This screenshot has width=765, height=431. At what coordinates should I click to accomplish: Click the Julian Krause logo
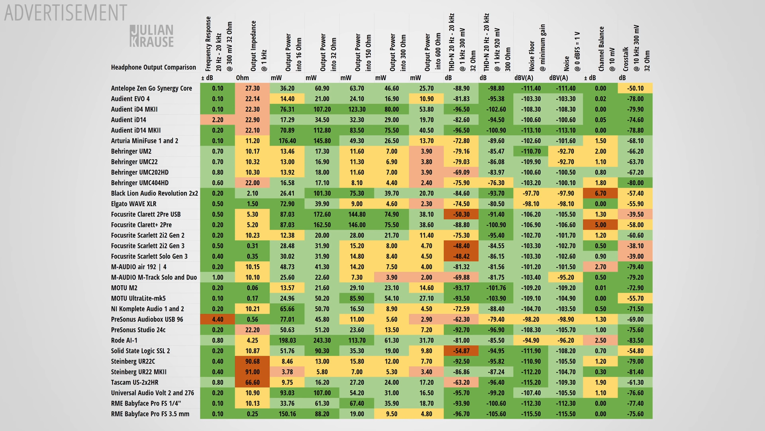click(152, 36)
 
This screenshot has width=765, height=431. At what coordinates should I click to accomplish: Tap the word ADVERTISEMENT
click(66, 13)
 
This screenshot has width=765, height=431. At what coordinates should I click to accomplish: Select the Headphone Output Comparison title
click(153, 67)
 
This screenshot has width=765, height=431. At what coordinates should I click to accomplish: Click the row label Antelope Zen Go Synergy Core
click(151, 88)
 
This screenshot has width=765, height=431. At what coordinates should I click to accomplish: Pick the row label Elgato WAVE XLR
click(133, 204)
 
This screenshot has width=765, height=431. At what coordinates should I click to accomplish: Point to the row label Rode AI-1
click(124, 340)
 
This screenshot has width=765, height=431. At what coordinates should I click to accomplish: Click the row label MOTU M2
click(124, 288)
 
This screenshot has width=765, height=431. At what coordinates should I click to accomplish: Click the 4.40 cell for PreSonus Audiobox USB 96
click(218, 319)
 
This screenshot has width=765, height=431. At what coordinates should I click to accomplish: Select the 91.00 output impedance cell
click(252, 372)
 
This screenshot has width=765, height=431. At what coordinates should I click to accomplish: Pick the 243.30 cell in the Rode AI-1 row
click(322, 340)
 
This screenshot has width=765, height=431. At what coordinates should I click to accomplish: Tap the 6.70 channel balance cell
click(600, 193)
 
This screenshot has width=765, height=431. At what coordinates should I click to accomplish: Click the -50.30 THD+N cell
click(461, 214)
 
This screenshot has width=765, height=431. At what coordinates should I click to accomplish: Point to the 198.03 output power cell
click(287, 340)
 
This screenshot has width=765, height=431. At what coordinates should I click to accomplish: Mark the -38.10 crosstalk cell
click(635, 246)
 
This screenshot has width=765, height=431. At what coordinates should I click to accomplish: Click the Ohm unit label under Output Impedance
click(242, 78)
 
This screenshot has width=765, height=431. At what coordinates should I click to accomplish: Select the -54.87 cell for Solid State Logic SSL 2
click(461, 351)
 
